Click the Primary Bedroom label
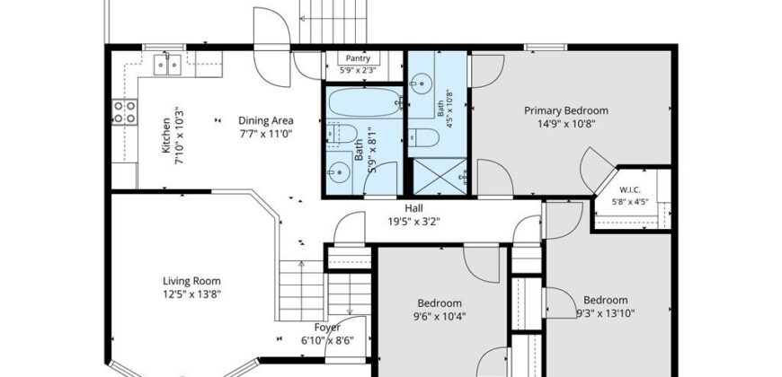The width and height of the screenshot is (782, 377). [566, 110]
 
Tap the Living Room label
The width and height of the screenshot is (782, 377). [191, 281]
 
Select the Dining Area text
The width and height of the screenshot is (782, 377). [266, 120]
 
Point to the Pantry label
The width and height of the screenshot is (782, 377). [358, 58]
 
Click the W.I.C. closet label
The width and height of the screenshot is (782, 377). [630, 189]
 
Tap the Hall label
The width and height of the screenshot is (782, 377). [414, 208]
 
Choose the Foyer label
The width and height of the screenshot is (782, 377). [327, 328]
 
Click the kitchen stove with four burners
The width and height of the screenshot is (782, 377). [124, 112]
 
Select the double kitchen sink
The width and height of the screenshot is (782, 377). [167, 65]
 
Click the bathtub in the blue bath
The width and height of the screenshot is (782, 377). [366, 102]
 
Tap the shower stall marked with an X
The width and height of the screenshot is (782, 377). [440, 176]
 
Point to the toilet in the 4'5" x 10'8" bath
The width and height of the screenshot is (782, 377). [424, 137]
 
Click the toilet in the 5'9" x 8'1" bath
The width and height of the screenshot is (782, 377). [342, 134]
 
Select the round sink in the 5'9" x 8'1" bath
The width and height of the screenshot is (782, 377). [339, 172]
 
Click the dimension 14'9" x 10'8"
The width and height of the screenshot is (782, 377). [566, 123]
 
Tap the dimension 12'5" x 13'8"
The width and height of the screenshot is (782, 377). [191, 294]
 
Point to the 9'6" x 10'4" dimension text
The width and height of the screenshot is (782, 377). [440, 315]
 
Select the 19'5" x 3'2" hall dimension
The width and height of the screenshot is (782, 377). [414, 221]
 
